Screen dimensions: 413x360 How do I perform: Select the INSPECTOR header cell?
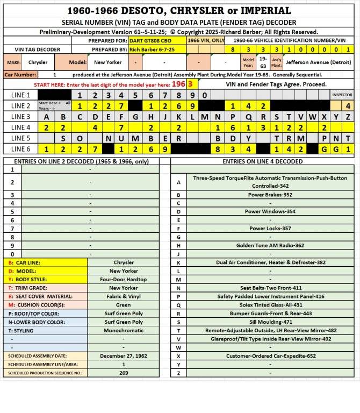tap(342, 95)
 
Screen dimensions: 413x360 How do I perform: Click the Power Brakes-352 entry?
tap(270, 195)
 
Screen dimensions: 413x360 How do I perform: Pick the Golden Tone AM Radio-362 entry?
tap(270, 245)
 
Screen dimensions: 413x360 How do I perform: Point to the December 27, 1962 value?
tap(124, 356)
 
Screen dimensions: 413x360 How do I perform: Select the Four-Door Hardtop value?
tap(124, 280)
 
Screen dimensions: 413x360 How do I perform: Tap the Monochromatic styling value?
tap(124, 331)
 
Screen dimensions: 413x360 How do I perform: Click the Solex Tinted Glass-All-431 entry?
tap(270, 305)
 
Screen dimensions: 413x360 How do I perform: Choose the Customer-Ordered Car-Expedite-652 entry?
tap(270, 356)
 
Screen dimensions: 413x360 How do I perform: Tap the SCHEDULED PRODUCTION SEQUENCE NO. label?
tap(45, 373)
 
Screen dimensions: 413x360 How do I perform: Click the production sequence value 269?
tap(124, 373)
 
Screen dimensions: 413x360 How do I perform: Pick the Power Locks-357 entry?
tap(270, 229)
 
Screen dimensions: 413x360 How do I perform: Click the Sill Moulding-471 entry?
tap(270, 322)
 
